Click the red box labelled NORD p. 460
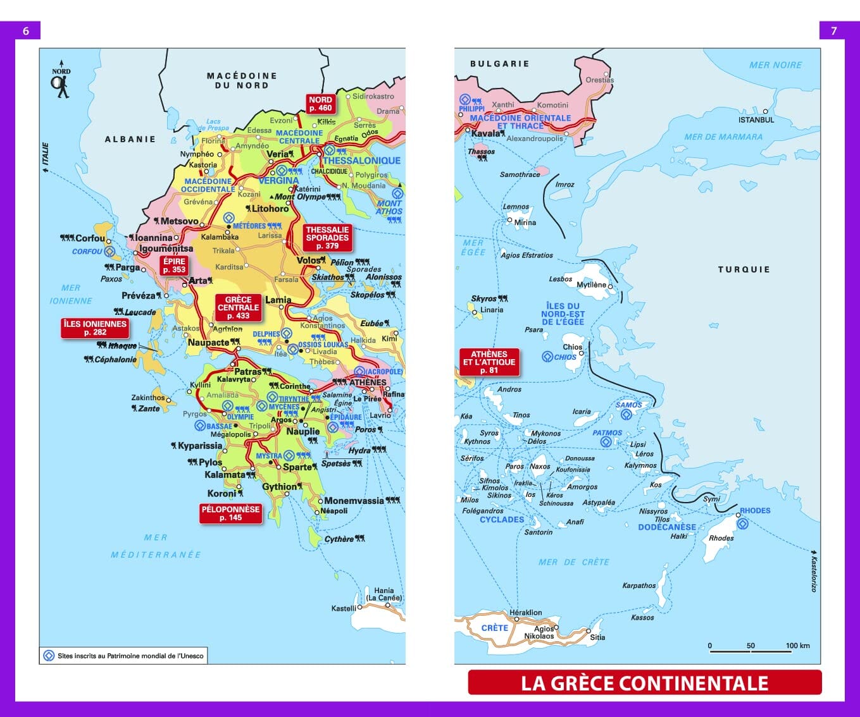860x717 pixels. click(320, 104)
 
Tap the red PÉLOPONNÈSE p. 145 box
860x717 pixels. click(230, 513)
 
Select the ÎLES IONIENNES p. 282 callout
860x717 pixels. click(95, 328)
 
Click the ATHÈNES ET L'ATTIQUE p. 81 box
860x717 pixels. click(489, 362)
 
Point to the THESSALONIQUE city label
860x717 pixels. click(361, 161)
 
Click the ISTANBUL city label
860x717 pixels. click(756, 120)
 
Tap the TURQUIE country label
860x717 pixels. click(744, 269)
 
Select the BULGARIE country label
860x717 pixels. click(499, 64)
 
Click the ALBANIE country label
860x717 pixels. click(130, 139)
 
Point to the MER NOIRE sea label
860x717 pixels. click(775, 65)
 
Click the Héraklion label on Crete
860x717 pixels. click(525, 612)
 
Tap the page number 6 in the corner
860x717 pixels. click(26, 31)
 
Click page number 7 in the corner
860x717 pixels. click(833, 31)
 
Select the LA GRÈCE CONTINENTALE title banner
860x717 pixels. click(644, 683)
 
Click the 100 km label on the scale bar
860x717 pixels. click(797, 646)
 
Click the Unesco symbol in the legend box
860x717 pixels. click(49, 656)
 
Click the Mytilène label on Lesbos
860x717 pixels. click(591, 285)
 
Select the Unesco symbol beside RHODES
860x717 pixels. click(743, 524)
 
